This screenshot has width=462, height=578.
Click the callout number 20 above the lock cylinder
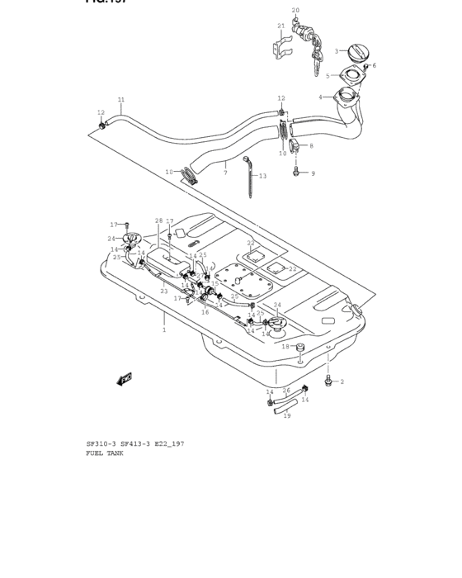pos(295,11)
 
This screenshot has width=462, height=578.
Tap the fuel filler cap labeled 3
pos(356,53)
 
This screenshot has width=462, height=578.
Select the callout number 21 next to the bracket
pos(281,26)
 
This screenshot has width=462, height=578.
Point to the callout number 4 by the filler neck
pos(321,97)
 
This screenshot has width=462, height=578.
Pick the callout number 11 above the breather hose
pos(120,100)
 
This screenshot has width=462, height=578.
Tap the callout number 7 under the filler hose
pos(224,173)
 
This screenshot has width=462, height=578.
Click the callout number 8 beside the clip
pos(311,146)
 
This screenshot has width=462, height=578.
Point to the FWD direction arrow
pos(125,379)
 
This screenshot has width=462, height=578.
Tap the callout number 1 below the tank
pos(163,329)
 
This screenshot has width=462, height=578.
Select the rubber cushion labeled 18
pos(300,347)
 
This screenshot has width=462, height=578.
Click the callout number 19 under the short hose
pos(286,415)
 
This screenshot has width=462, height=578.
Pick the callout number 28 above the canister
pos(158,221)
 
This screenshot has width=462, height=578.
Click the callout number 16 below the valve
pos(205,312)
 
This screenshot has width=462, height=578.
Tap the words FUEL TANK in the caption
pos(104,453)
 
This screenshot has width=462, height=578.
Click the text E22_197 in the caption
pos(167,443)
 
